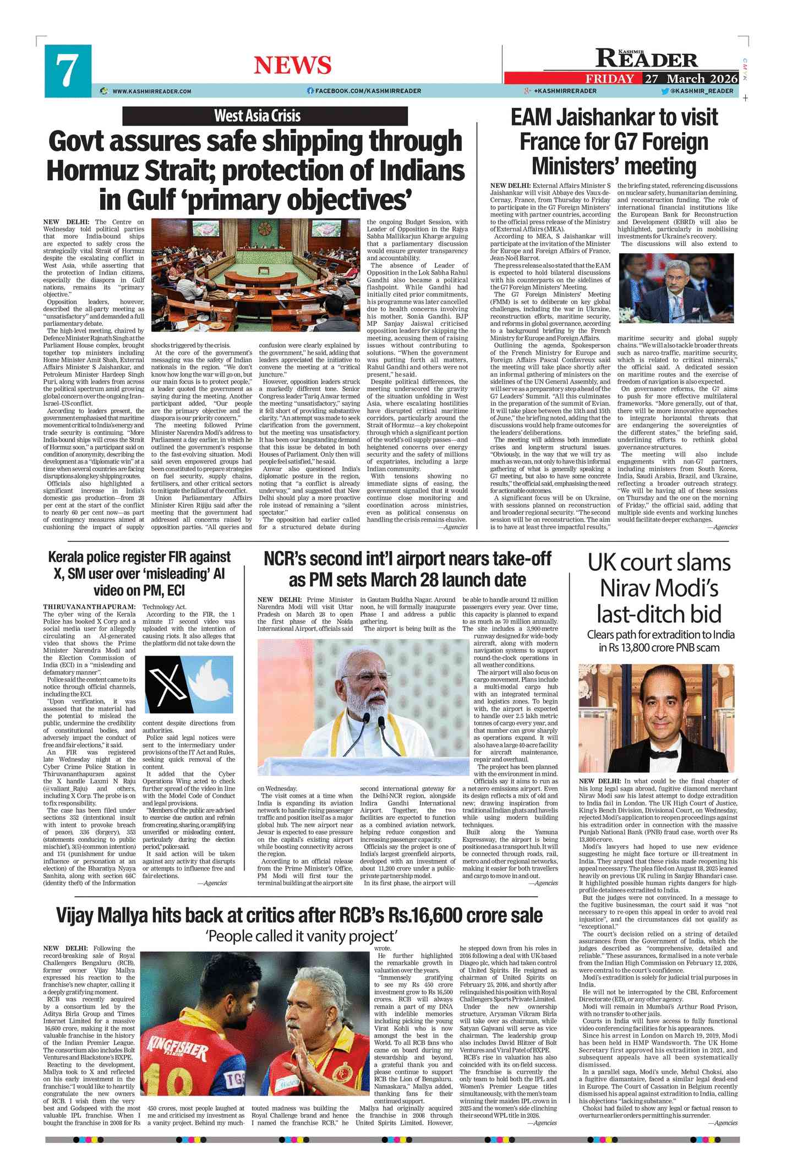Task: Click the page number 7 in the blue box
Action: pos(67,70)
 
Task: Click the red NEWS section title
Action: pos(292,66)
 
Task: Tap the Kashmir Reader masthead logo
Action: pos(647,58)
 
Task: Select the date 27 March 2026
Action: pos(691,78)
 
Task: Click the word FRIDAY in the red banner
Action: pos(610,78)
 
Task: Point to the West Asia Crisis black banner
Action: pos(264,116)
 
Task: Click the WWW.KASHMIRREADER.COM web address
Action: pos(151,91)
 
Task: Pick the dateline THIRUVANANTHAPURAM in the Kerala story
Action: pos(89,607)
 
